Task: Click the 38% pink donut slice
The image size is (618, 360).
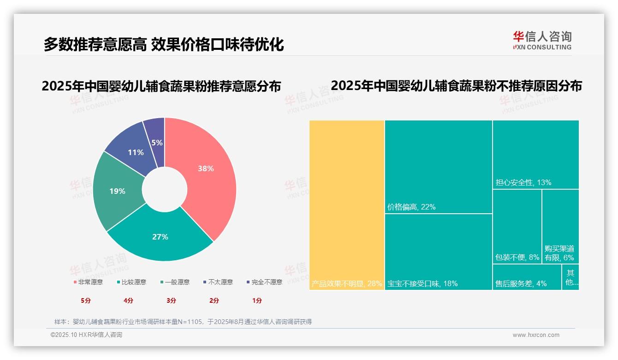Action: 205,168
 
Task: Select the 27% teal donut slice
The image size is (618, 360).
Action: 160,237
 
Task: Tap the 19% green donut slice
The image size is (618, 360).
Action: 117,191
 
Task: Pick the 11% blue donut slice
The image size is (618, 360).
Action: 135,152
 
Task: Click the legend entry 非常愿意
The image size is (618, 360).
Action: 88,282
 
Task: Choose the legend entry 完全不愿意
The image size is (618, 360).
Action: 265,282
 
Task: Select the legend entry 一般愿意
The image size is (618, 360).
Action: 175,282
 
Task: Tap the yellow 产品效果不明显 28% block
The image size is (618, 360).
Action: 347,205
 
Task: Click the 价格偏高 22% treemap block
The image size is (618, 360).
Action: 438,166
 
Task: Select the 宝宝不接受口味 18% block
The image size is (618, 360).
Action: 438,252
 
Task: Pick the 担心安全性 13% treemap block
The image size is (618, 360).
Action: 535,154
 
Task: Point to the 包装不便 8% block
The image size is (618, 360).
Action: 517,226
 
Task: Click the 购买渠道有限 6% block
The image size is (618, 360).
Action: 560,226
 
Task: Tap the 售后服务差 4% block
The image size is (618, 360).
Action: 527,277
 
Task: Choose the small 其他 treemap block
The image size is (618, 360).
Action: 570,277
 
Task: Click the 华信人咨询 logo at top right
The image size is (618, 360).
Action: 542,40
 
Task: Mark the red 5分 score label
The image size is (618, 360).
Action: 86,300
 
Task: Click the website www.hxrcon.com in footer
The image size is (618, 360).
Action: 536,335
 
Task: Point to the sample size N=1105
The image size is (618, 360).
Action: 189,322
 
